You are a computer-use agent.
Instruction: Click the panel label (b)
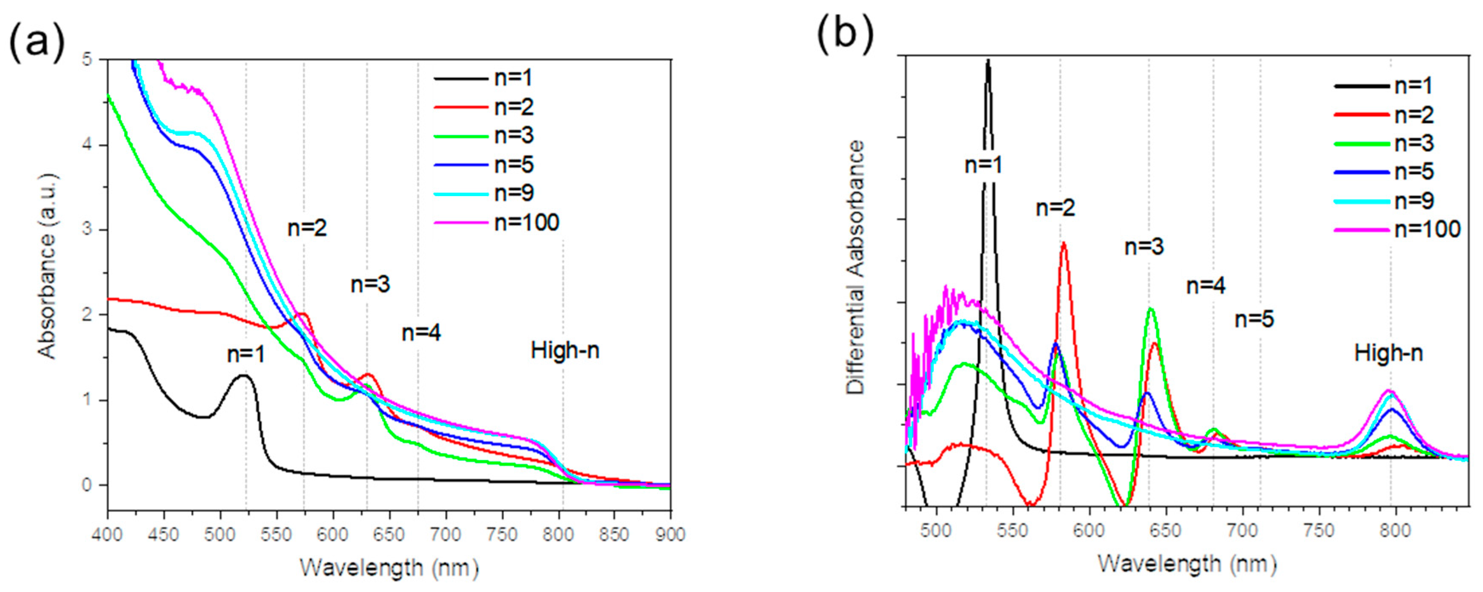tap(845, 36)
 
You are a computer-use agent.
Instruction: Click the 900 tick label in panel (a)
tap(669, 535)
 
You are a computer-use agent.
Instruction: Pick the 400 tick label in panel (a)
tap(108, 535)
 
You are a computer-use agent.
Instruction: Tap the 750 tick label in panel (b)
tap(1318, 530)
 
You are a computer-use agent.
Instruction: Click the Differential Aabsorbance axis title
tap(856, 267)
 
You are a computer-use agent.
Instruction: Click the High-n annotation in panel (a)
tap(565, 350)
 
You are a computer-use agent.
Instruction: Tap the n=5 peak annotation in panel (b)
tap(1254, 319)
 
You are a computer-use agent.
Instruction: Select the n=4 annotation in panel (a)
tap(421, 333)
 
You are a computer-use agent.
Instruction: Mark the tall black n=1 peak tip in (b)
tap(988, 61)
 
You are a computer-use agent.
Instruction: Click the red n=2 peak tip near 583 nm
tap(1064, 243)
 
